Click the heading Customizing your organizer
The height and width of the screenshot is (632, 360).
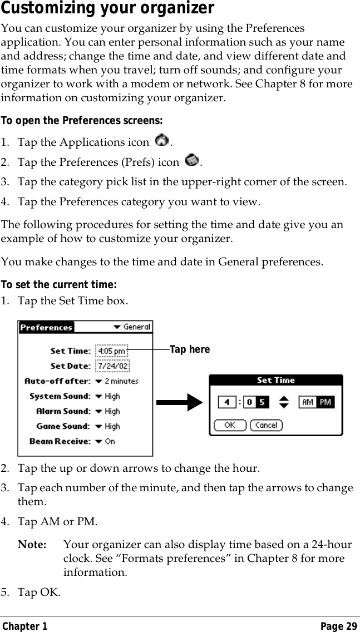click(x=107, y=9)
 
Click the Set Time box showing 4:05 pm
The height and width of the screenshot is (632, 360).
click(x=112, y=351)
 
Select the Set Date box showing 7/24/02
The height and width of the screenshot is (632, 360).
click(x=112, y=366)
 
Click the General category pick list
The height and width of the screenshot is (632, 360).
click(x=132, y=327)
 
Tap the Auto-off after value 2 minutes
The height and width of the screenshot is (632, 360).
click(x=117, y=381)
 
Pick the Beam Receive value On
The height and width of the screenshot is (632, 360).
click(x=106, y=441)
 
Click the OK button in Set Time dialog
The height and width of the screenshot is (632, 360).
click(x=229, y=425)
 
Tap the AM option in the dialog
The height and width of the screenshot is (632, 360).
click(x=308, y=402)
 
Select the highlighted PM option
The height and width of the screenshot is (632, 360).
click(x=325, y=402)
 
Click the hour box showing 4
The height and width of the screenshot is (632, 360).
click(x=226, y=402)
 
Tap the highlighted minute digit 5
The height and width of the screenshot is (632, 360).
click(x=262, y=402)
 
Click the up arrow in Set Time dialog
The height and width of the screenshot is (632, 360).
click(x=284, y=397)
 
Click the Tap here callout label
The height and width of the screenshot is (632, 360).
click(x=190, y=349)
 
